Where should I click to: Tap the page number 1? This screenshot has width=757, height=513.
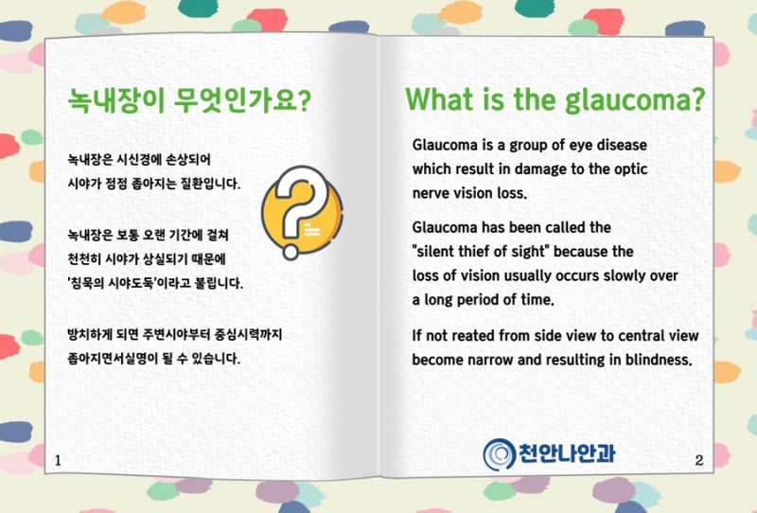coord(58,460)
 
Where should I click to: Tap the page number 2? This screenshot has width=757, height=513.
coord(699,460)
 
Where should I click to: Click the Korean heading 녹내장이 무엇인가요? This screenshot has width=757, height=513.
coord(189,100)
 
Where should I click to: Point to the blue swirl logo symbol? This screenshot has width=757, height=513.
coord(500,454)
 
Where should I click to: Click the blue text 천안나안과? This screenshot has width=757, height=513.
coord(567,453)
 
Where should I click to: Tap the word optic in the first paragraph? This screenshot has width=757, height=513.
coord(631,169)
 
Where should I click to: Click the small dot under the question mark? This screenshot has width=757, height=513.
coord(290,252)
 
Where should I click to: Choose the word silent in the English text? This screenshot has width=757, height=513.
coord(438,252)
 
